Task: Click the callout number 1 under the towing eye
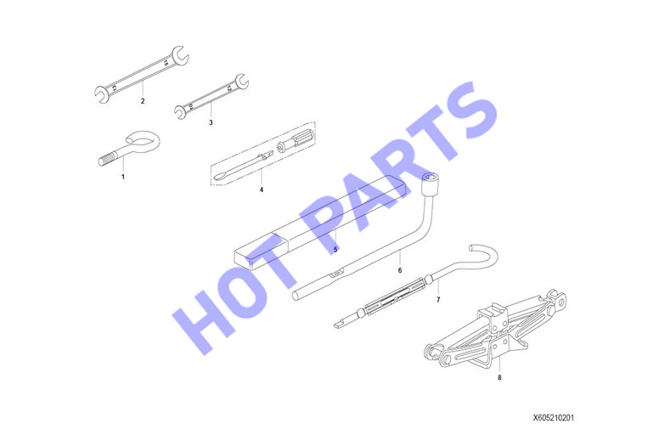click(x=123, y=177)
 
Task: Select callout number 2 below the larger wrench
click(x=143, y=101)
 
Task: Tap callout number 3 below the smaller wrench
click(x=211, y=122)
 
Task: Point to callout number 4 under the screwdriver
click(x=262, y=189)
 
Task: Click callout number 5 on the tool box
click(x=335, y=249)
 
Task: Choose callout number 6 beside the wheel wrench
click(x=399, y=270)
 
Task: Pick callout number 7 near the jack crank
click(x=438, y=300)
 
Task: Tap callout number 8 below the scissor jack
click(x=499, y=377)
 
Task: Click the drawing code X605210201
click(x=554, y=418)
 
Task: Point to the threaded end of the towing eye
click(x=105, y=161)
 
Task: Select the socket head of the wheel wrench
click(x=431, y=184)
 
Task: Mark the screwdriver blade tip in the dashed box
click(x=219, y=177)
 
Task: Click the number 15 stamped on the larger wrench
click(x=166, y=63)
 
